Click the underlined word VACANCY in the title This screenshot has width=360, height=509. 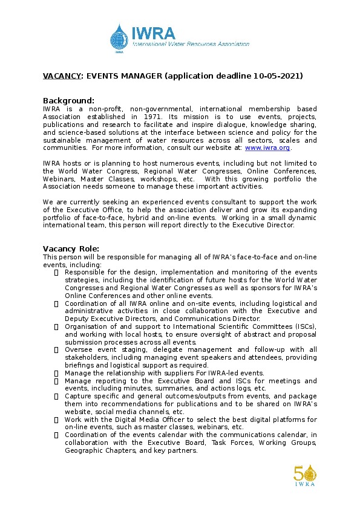click(x=62, y=76)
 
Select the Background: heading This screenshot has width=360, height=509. click(x=68, y=100)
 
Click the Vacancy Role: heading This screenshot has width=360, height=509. click(x=71, y=248)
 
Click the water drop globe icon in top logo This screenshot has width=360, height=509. click(x=120, y=37)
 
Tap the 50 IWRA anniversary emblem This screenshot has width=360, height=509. click(x=305, y=475)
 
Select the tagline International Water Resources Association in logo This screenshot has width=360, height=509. click(x=191, y=44)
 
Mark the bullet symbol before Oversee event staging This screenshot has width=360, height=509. click(x=56, y=350)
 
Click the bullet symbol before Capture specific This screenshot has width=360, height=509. click(x=56, y=397)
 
